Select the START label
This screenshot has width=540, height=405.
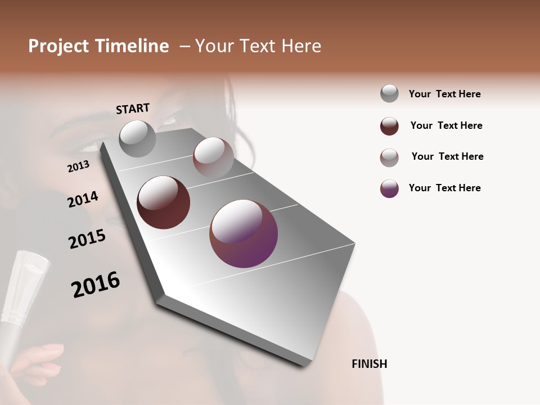point(133,109)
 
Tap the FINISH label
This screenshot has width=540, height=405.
point(370,364)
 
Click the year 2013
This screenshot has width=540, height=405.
point(78,166)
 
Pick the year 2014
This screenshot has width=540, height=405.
point(83,199)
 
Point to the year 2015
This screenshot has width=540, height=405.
point(87,239)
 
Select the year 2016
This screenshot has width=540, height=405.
point(96,285)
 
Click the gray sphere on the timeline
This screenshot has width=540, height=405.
point(137,138)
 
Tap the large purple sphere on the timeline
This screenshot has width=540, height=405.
point(244,233)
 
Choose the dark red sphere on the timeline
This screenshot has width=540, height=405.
point(163,202)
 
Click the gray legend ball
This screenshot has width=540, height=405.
point(389,93)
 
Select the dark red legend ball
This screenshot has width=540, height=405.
point(389,126)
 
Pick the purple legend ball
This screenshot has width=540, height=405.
point(389,188)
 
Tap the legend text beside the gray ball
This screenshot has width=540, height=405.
point(444,94)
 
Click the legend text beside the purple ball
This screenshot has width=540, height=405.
point(444,188)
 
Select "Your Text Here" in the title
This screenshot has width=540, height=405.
point(258,46)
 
